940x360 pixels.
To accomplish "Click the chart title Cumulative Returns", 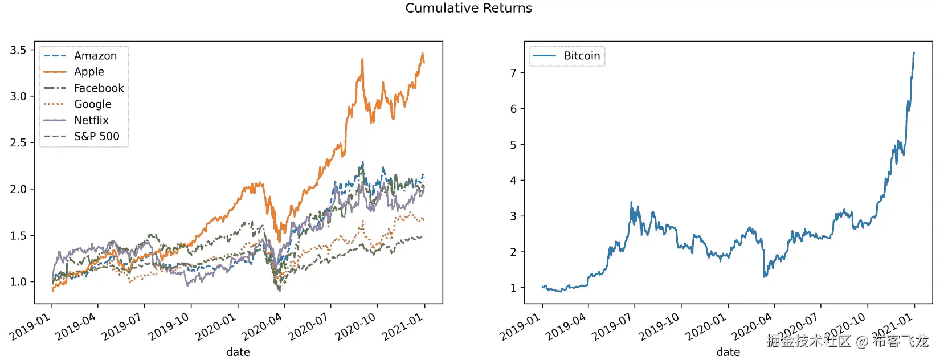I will click(468, 8).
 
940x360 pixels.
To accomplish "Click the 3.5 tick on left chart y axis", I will click(18, 50).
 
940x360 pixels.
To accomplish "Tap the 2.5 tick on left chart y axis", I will click(18, 143).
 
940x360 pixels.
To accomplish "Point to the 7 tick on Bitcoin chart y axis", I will click(513, 73).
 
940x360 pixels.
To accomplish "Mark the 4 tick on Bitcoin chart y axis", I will click(513, 181).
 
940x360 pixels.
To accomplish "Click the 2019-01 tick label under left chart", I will click(30, 328).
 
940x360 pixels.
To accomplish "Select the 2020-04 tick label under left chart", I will click(262, 328).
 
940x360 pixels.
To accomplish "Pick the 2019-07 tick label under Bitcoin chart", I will click(612, 328).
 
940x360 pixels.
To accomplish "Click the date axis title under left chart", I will click(238, 352).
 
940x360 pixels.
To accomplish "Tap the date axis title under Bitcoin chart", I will click(728, 352).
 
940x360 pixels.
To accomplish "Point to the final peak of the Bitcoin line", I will click(914, 53).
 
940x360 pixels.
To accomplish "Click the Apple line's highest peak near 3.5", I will click(422, 54).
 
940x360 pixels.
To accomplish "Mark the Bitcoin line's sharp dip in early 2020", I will click(765, 276).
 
